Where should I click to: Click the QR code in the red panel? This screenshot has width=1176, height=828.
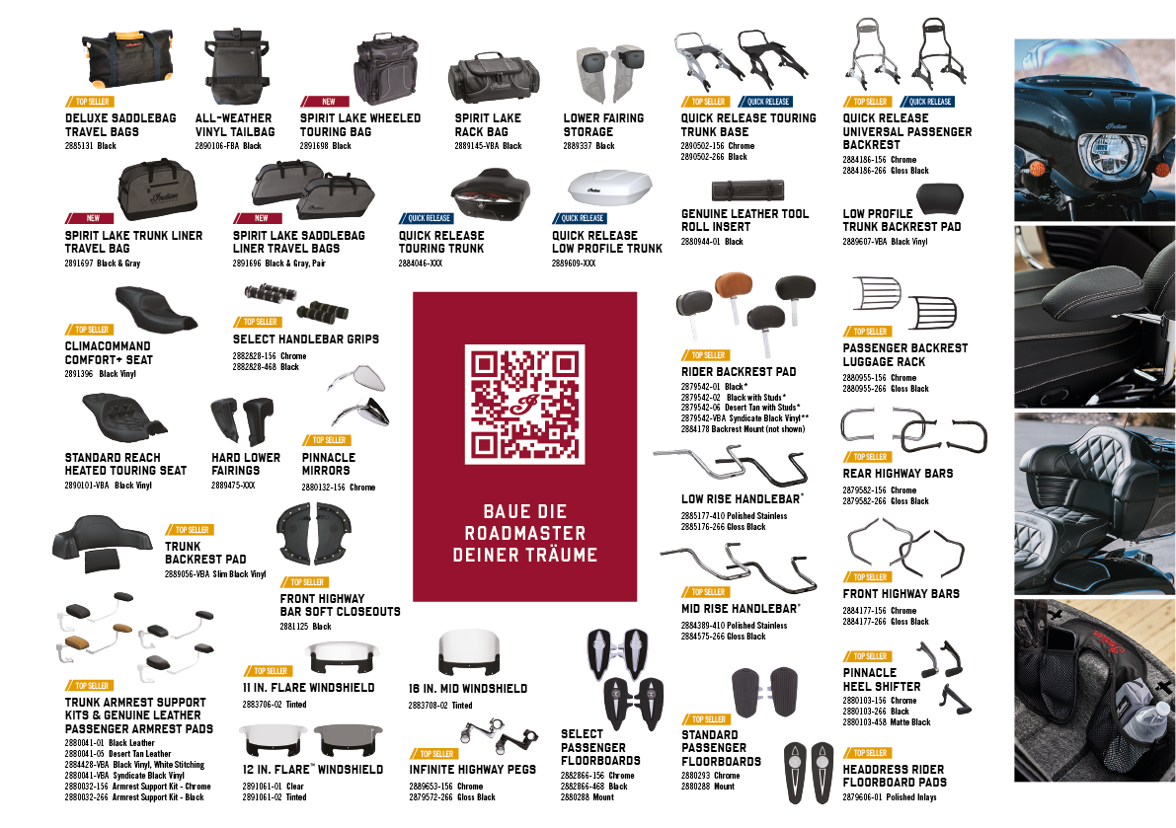click(524, 404)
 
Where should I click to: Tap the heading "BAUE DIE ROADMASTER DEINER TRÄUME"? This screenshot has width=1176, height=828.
click(525, 533)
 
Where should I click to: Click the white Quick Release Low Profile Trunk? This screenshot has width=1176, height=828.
click(610, 188)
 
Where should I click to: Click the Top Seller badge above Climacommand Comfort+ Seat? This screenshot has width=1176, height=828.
click(90, 330)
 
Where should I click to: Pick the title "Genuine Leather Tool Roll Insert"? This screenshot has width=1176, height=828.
click(745, 220)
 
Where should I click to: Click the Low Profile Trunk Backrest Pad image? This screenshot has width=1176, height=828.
click(939, 197)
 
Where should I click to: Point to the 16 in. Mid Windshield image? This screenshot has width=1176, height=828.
click(469, 652)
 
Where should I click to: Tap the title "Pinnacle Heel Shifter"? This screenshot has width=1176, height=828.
click(881, 680)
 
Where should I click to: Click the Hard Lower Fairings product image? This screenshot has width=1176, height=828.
click(242, 420)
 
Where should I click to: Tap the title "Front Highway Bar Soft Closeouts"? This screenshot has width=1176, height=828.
click(340, 605)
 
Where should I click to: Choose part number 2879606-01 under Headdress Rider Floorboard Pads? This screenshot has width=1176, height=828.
click(862, 797)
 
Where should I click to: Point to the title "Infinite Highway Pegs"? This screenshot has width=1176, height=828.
click(473, 770)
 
